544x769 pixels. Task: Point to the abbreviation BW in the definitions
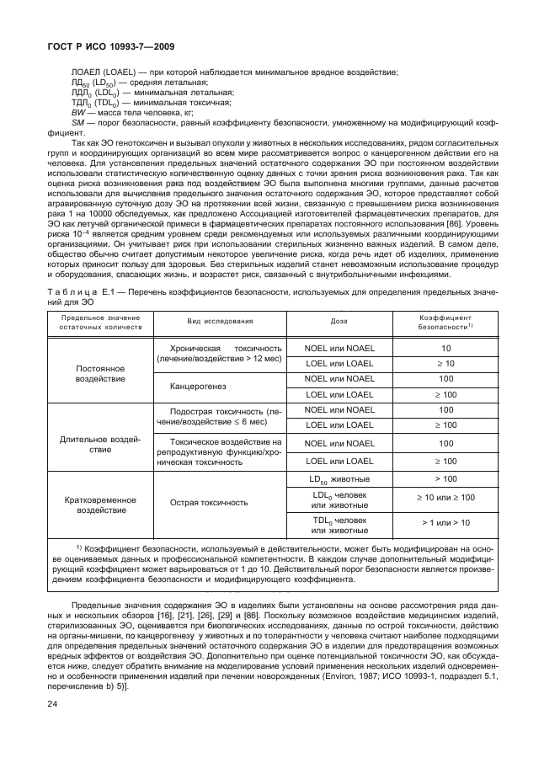79,112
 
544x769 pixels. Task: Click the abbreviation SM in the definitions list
80,122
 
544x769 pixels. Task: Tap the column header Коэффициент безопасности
445,344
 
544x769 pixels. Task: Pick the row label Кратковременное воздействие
100,504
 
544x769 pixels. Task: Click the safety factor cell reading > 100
445,478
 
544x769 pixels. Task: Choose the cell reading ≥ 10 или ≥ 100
445,498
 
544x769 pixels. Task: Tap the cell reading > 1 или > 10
445,523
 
